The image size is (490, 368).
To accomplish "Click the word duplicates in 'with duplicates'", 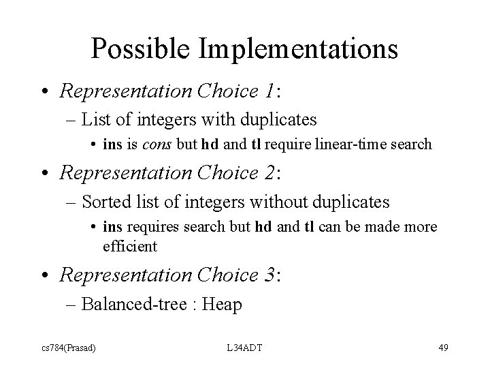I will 278,121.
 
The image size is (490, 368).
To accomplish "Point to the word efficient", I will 130,246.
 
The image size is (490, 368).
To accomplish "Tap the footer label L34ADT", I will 245,349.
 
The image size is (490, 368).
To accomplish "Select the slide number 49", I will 443,349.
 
